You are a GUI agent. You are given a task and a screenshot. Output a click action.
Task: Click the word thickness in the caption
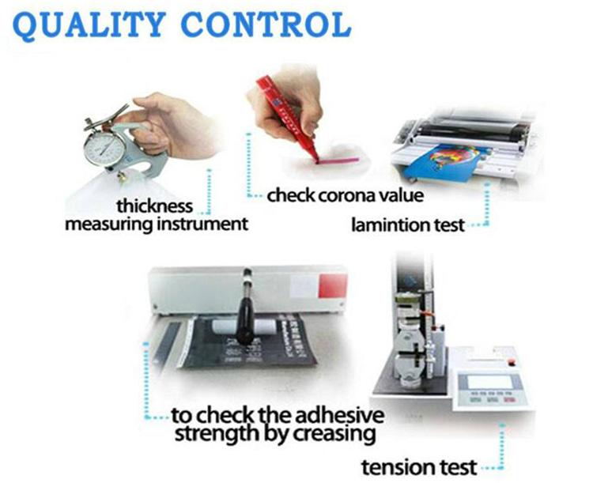[x=154, y=206]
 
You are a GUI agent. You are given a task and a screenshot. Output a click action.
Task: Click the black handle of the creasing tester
[x=245, y=312]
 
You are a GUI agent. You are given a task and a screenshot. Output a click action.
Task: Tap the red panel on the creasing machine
[x=331, y=288]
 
